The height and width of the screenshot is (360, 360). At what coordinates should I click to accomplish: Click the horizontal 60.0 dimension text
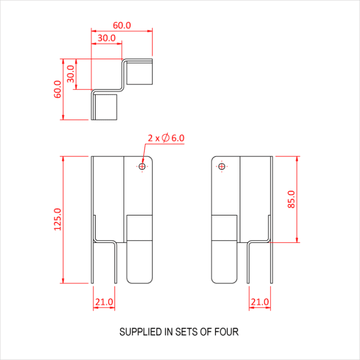tap(122, 25)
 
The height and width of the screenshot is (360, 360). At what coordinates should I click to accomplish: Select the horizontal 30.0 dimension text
tap(106, 38)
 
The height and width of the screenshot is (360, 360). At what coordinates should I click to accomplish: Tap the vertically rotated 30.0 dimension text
tap(71, 74)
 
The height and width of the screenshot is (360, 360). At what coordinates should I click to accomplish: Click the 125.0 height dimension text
tap(57, 219)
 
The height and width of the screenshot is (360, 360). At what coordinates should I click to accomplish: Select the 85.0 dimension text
tap(292, 199)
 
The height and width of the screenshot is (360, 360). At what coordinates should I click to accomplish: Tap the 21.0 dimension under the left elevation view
tap(103, 302)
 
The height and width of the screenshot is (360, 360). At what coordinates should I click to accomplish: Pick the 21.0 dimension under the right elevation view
tap(260, 302)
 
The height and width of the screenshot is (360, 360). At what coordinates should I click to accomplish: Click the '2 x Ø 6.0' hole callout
tap(166, 138)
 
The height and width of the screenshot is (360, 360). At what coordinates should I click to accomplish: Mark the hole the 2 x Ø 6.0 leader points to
tap(142, 166)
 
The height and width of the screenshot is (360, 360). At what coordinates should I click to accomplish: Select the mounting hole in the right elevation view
tap(222, 166)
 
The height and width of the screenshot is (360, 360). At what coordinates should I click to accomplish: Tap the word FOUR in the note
tap(227, 332)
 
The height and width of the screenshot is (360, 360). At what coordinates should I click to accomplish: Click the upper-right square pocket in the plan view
tap(139, 72)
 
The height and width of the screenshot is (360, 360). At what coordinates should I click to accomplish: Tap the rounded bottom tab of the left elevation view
tap(140, 262)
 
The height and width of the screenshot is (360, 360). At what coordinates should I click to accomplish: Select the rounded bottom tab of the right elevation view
tap(225, 262)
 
